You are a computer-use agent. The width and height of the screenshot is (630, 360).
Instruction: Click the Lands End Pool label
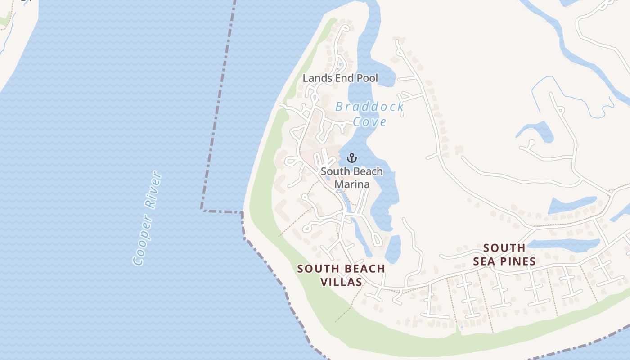click(340, 78)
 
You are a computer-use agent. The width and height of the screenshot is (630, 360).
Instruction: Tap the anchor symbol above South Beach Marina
click(352, 158)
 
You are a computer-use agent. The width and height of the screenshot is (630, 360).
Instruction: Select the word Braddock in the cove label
click(369, 107)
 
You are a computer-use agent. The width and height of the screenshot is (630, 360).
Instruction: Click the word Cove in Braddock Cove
click(369, 122)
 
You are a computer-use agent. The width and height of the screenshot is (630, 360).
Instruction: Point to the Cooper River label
click(148, 218)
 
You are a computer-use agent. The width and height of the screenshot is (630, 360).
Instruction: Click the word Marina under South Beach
click(352, 184)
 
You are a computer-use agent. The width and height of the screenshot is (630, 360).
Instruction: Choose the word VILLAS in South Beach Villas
click(341, 282)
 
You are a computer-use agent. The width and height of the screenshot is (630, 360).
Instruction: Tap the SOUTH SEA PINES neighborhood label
click(504, 255)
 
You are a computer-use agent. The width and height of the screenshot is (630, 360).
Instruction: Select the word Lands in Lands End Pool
click(314, 78)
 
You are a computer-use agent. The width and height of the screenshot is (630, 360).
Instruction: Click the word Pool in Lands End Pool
click(367, 78)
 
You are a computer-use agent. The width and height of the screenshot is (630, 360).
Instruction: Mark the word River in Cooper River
click(153, 190)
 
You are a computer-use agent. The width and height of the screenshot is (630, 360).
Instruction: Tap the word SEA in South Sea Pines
click(484, 261)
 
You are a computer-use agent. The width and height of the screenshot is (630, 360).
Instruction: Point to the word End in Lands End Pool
click(341, 78)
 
